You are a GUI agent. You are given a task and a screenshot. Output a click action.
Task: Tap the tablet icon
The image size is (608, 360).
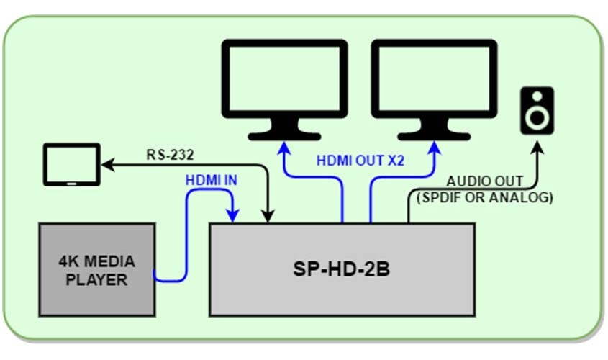(71, 166)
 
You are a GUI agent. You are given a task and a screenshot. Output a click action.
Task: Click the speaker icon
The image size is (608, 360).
(538, 110)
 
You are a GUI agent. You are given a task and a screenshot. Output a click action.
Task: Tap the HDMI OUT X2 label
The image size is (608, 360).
(360, 161)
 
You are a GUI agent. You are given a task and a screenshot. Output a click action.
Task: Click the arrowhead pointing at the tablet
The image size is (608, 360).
(106, 166)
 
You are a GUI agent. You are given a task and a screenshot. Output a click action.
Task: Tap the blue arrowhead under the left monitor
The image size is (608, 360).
(283, 148)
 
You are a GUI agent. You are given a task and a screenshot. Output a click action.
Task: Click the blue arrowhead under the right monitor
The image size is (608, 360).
(433, 148)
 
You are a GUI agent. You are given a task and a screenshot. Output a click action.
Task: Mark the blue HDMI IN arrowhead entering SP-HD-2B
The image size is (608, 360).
(233, 215)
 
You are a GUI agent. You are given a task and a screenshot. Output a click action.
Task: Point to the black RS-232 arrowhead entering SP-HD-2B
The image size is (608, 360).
(268, 216)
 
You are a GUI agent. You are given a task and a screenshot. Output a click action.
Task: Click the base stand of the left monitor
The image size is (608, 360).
(283, 135)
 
